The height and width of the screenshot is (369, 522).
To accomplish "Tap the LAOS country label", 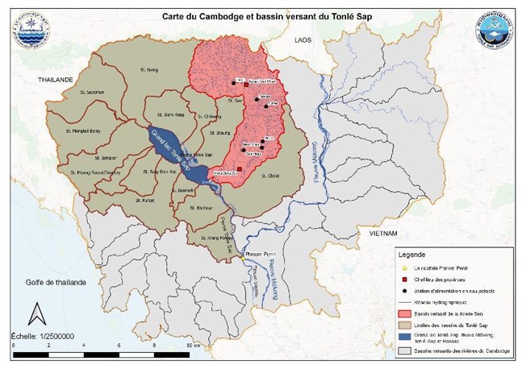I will point(303,39).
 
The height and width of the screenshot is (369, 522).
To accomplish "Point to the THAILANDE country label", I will point(54,80).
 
